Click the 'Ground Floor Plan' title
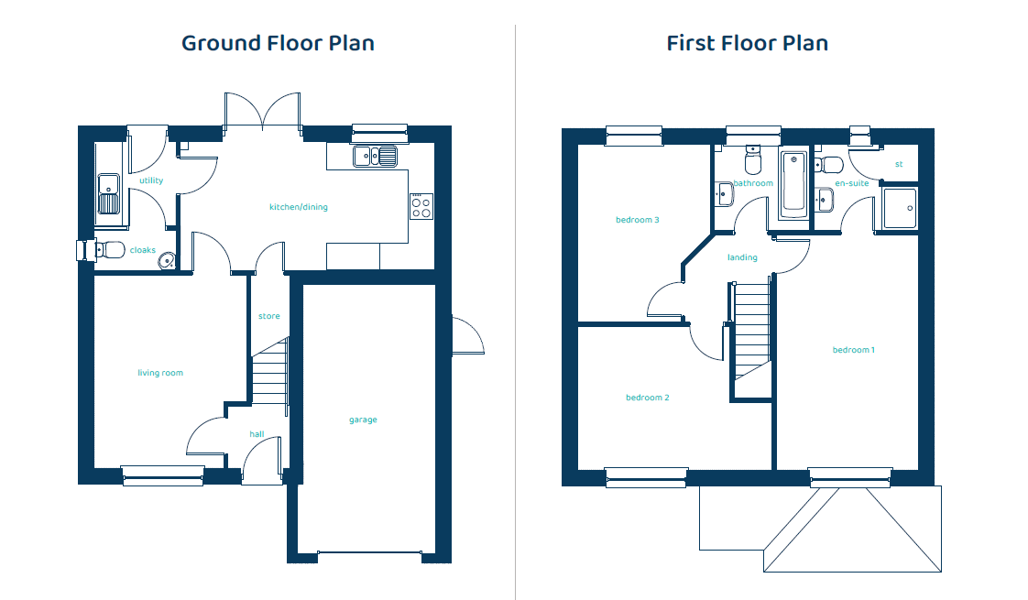[x=278, y=43]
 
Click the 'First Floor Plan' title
[x=748, y=43]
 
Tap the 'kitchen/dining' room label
[x=299, y=207]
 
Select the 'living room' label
[x=160, y=373]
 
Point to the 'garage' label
[x=363, y=420]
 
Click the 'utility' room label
[x=151, y=180]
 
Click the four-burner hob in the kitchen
[x=421, y=206]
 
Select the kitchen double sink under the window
[x=375, y=157]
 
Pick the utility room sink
[x=109, y=194]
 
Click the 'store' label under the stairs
[x=268, y=316]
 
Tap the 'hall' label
[x=257, y=434]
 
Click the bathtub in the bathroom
[x=794, y=184]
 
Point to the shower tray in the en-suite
[x=900, y=209]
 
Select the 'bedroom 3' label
[x=638, y=220]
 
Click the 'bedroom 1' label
[x=854, y=350]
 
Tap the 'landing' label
[x=742, y=257]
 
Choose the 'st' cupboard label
[x=899, y=164]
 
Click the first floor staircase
[x=751, y=331]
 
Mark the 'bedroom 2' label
[x=648, y=398]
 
